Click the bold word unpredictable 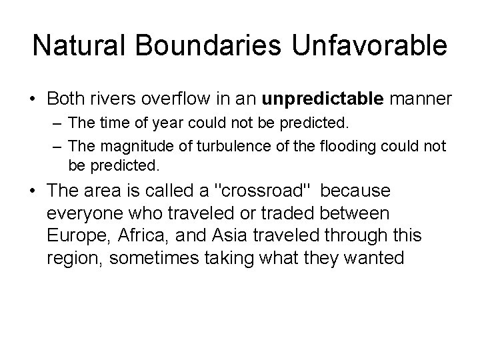point(323,99)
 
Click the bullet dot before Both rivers point(31,100)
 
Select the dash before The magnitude point(53,146)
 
